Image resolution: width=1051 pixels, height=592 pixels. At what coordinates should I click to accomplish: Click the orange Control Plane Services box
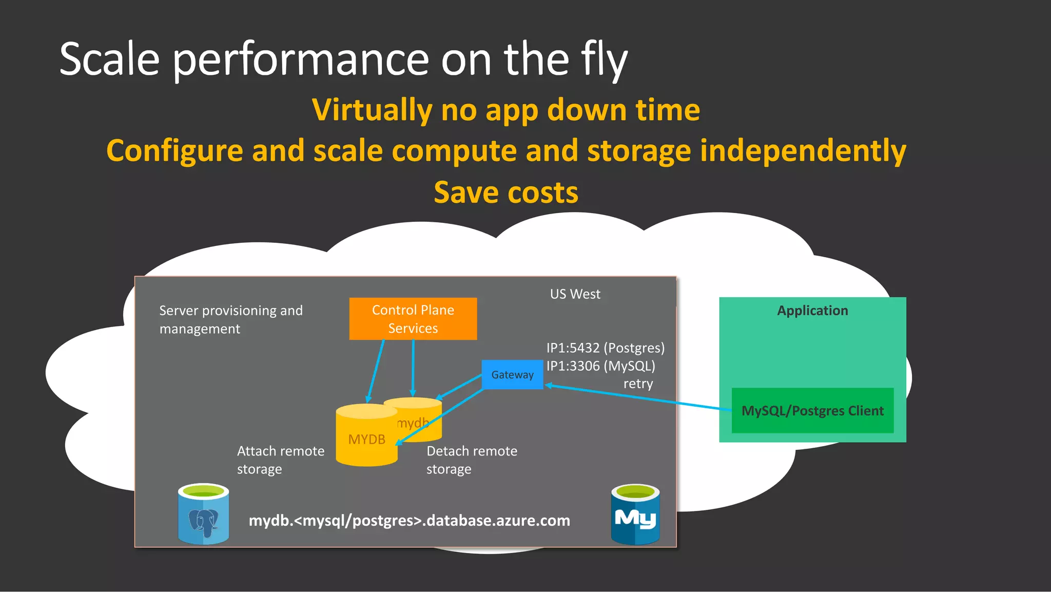(413, 319)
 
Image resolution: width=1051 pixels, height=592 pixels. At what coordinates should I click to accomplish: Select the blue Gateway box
(512, 375)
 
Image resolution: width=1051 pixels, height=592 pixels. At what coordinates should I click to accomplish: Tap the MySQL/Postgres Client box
(812, 411)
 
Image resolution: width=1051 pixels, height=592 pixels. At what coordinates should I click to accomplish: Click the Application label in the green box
(812, 311)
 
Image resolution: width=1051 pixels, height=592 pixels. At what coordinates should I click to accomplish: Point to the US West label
(575, 294)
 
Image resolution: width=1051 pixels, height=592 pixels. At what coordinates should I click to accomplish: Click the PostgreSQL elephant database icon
(203, 514)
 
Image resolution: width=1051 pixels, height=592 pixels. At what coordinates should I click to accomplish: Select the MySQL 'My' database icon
(635, 514)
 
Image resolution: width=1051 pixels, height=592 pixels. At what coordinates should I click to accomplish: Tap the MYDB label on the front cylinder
(366, 440)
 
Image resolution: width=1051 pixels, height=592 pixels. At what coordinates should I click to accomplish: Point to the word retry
(638, 384)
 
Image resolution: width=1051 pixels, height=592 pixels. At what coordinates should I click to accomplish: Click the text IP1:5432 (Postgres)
(605, 348)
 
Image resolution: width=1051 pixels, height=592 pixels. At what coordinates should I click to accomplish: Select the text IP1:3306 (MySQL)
(600, 366)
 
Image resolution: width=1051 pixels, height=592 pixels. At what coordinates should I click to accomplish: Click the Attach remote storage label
(280, 460)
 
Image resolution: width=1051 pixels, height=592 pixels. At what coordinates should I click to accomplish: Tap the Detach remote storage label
(472, 460)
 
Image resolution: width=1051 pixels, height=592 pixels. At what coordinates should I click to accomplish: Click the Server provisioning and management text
(231, 320)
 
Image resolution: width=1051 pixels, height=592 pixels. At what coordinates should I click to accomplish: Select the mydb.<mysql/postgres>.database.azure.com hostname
(409, 521)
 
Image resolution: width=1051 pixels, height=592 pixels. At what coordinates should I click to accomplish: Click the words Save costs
(506, 193)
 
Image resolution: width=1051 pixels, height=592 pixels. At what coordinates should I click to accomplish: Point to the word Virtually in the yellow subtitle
(372, 110)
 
